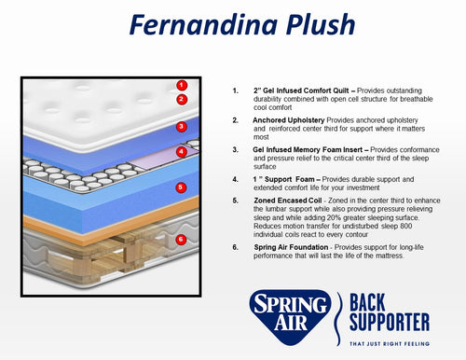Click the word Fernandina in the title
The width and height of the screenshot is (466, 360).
(203, 24)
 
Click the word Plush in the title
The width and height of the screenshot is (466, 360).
(321, 24)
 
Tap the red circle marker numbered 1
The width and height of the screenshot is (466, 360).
(182, 85)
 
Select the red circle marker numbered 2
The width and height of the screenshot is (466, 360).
(182, 100)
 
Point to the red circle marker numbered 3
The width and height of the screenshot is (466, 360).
(182, 127)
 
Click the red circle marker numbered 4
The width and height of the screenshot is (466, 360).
(182, 152)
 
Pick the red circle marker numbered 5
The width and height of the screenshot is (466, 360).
(181, 187)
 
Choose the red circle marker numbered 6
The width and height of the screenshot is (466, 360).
(181, 240)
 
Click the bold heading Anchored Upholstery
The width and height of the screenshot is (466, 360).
(289, 120)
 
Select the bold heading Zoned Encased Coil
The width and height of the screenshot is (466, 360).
(288, 201)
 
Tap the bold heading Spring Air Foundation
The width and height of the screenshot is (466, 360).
(291, 247)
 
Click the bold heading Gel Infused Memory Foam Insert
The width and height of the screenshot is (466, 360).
(308, 150)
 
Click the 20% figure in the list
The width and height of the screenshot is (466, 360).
(334, 217)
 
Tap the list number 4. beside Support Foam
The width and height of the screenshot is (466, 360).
(236, 179)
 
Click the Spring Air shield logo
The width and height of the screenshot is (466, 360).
(290, 317)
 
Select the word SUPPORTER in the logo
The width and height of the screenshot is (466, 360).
(390, 322)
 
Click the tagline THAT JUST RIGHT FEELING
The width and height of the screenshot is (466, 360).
(390, 344)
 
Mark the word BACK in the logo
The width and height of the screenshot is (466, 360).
(367, 302)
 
